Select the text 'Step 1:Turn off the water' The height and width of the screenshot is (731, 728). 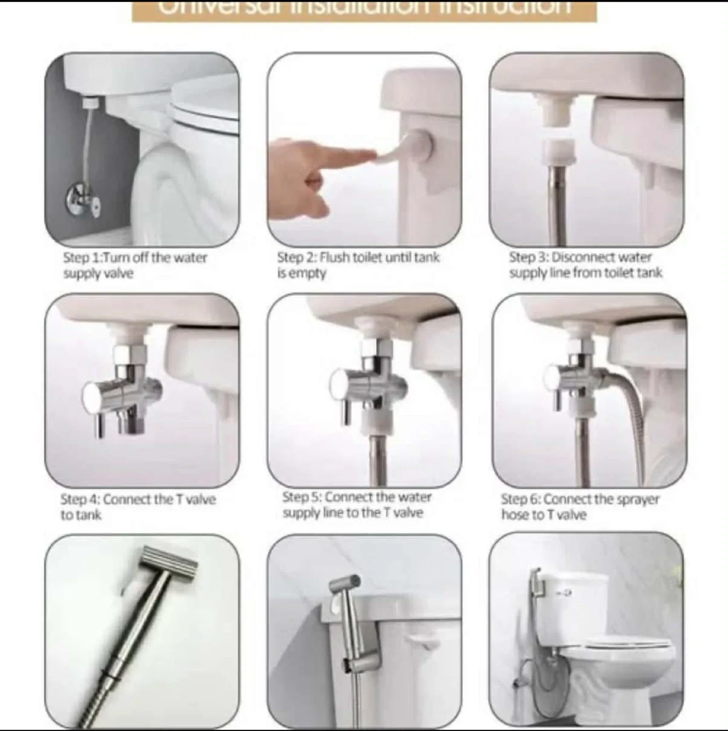click(x=135, y=258)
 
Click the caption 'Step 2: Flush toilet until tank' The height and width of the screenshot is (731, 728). click(x=358, y=258)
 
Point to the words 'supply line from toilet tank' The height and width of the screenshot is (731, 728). click(x=586, y=273)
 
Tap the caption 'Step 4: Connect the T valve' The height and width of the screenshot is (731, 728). click(x=138, y=500)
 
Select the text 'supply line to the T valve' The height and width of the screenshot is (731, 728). click(x=353, y=513)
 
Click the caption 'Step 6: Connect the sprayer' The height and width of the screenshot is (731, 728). click(x=580, y=500)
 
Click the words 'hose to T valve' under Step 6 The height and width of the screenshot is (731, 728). click(x=544, y=515)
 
